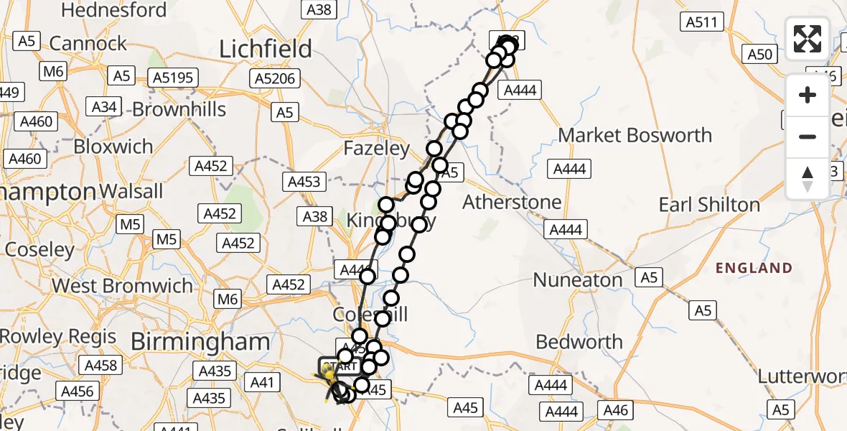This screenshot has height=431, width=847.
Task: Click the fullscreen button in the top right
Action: [808, 39]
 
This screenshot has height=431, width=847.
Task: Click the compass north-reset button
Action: [808, 179]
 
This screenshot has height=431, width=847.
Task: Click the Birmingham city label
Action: [200, 342]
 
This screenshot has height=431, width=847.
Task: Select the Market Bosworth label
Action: [635, 135]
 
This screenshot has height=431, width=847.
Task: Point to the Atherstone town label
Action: [512, 202]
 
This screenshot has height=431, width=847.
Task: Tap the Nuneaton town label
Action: [579, 279]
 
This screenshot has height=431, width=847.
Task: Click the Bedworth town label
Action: [579, 342]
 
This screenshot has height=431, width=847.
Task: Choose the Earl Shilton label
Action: [709, 205]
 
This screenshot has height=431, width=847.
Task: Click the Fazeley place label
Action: [376, 149]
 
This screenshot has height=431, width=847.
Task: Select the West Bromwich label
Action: [122, 286]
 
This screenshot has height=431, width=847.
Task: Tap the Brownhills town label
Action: [179, 109]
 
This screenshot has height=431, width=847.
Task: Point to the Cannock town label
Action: [88, 43]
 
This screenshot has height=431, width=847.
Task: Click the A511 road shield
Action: [701, 22]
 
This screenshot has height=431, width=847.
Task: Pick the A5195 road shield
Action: [173, 77]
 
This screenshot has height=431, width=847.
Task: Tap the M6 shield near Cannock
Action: [54, 70]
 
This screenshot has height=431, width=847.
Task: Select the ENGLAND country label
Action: [754, 268]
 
